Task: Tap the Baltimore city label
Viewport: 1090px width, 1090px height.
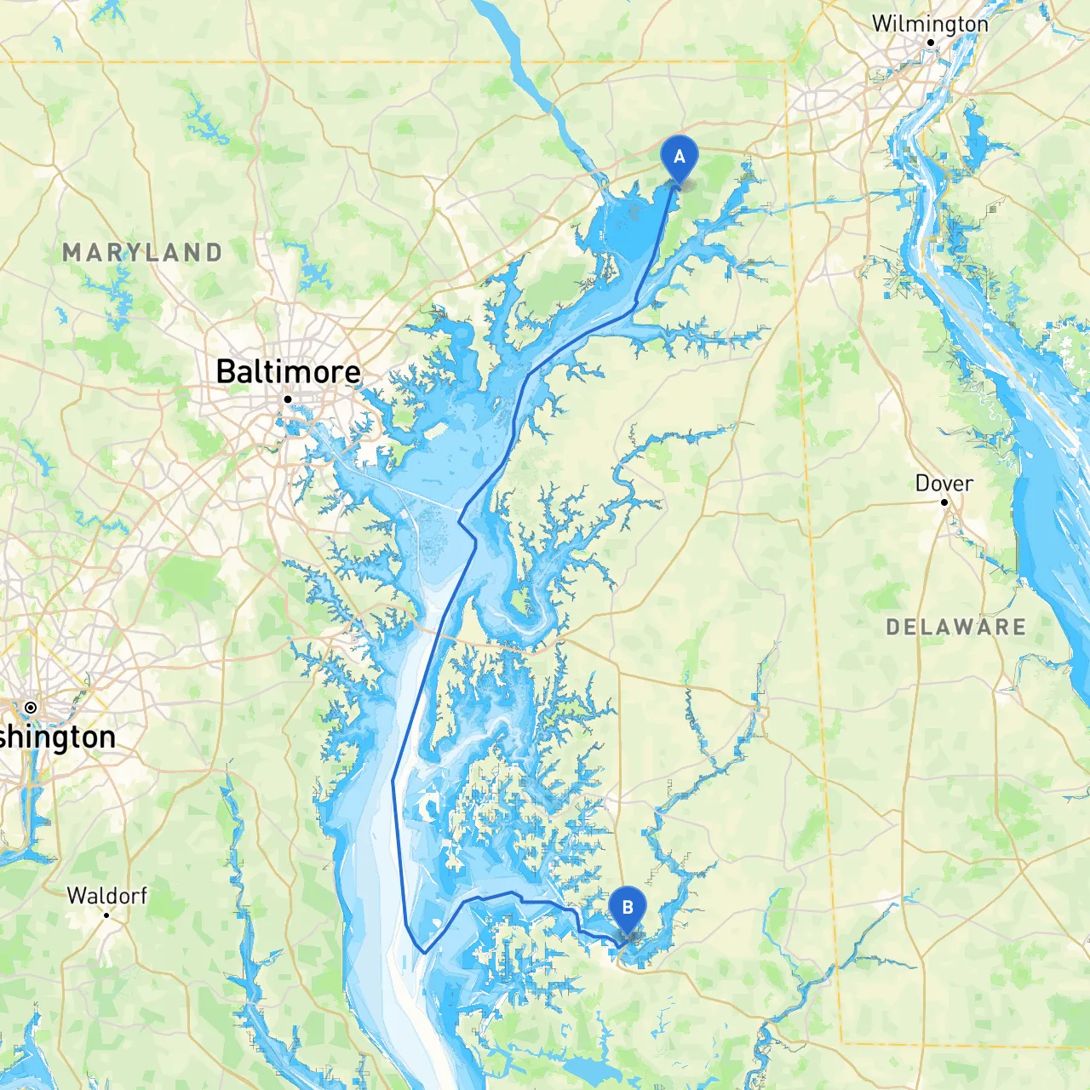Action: (288, 372)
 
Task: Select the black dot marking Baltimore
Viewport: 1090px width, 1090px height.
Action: (288, 399)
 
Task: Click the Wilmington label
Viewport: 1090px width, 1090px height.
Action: (930, 24)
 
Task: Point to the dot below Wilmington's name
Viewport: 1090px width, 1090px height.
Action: (931, 43)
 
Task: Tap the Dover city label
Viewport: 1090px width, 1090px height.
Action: (944, 484)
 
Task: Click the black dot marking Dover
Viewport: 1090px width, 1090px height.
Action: (944, 502)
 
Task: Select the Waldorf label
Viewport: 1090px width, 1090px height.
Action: (106, 896)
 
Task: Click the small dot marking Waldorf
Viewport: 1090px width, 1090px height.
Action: (106, 915)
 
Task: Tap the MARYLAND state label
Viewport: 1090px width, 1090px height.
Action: (142, 253)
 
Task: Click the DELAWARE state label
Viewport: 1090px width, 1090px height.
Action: (955, 628)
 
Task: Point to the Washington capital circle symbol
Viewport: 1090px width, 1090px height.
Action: (31, 708)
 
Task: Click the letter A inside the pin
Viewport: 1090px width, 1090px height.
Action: (679, 157)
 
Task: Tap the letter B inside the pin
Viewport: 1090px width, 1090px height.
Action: (628, 908)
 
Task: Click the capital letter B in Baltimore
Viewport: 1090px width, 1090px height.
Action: (226, 372)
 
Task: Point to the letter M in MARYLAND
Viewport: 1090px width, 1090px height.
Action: (72, 253)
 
